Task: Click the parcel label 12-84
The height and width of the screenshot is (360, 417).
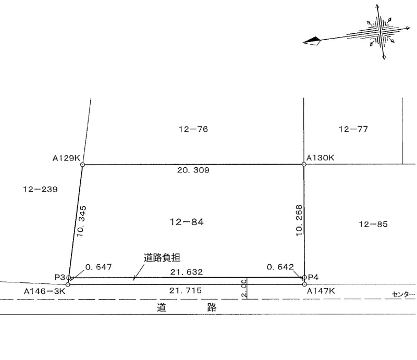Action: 187,222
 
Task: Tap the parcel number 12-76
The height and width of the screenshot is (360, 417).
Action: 193,129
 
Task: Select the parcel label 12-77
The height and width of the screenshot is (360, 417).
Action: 353,129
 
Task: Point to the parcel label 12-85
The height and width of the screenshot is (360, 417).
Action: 373,224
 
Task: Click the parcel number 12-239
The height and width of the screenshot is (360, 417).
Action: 41,189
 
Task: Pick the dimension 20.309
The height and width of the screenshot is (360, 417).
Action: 193,170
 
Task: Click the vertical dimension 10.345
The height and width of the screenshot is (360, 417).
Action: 82,221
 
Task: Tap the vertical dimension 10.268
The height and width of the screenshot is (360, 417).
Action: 299,220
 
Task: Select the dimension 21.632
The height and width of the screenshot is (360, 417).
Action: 187,272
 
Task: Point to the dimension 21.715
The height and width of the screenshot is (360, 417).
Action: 186,290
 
